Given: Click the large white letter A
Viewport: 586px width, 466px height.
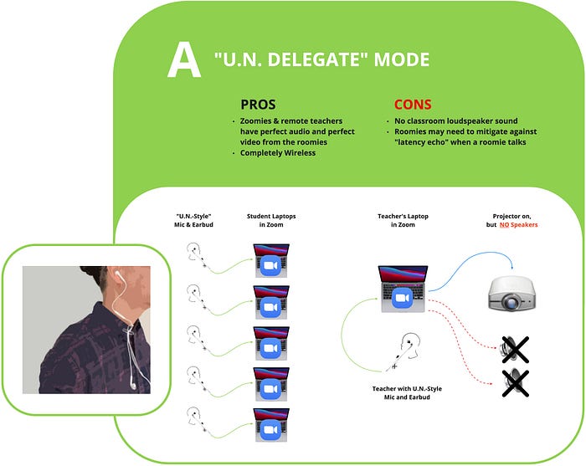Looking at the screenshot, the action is click(184, 59).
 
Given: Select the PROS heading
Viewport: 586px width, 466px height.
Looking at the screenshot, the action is click(258, 105).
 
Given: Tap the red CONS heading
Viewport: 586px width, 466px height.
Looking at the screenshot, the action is click(413, 105).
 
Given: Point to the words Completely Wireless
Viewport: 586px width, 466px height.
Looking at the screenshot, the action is click(278, 153).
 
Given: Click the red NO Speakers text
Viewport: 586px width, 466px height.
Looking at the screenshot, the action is click(519, 225).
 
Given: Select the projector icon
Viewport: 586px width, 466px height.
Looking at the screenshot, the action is click(511, 293).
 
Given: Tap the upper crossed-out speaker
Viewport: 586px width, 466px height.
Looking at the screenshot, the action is click(514, 350).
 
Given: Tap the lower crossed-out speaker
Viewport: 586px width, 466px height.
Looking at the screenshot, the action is click(514, 383).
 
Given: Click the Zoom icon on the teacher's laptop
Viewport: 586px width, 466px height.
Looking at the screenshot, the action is click(402, 298).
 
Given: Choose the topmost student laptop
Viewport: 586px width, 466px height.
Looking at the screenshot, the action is click(271, 261).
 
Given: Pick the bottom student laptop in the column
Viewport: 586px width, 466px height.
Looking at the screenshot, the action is click(271, 425).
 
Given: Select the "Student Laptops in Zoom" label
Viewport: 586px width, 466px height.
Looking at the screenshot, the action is click(271, 220).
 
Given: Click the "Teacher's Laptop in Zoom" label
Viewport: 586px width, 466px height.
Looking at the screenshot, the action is click(403, 220).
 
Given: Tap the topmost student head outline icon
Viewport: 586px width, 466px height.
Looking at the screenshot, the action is click(194, 250).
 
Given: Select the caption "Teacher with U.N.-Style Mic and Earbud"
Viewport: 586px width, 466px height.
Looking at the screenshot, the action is click(407, 393).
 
